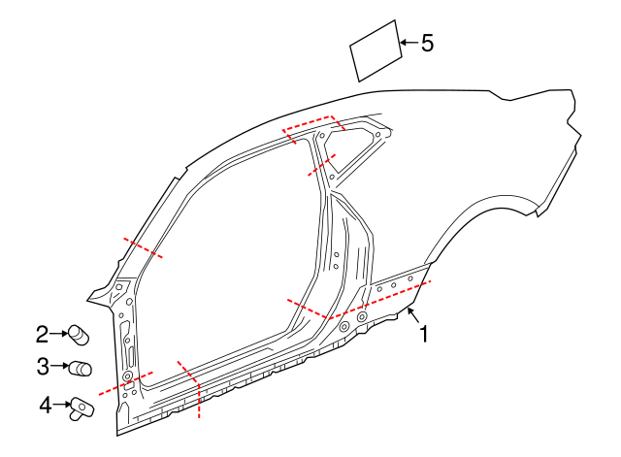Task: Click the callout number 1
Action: [423, 334]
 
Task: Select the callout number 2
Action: [42, 335]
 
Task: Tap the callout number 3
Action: [42, 367]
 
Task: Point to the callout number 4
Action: [45, 405]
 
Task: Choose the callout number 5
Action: [427, 43]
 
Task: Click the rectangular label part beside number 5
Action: [376, 51]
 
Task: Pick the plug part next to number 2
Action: [76, 336]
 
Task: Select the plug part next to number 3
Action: [80, 368]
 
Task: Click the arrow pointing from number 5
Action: [408, 43]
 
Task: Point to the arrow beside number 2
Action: [57, 335]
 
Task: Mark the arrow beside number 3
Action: [58, 367]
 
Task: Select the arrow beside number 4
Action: [60, 404]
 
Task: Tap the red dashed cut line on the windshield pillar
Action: [143, 247]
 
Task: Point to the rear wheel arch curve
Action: [485, 209]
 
